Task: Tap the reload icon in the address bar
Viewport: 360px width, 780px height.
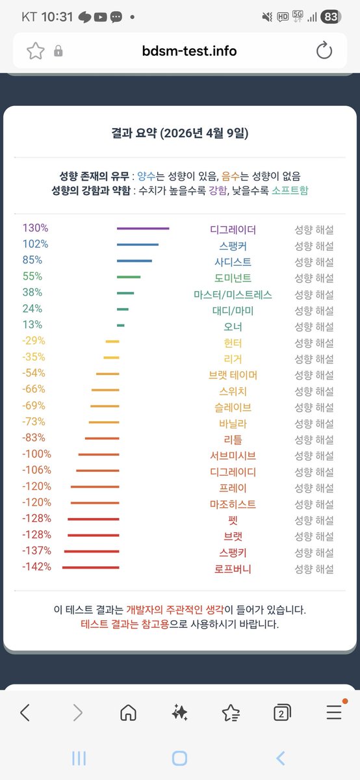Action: click(x=324, y=51)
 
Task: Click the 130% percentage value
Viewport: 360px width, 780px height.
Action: click(x=35, y=228)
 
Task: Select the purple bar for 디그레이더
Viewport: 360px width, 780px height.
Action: click(x=143, y=229)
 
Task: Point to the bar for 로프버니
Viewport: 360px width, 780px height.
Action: click(x=91, y=567)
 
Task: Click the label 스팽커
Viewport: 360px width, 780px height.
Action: click(x=233, y=246)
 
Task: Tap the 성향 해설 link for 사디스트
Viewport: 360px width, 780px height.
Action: click(x=314, y=262)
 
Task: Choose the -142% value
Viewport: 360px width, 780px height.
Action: click(x=36, y=567)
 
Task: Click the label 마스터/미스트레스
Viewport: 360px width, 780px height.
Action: click(x=233, y=294)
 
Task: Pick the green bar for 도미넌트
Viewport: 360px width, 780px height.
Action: click(x=129, y=277)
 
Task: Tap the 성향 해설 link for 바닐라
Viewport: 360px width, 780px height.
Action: click(x=314, y=424)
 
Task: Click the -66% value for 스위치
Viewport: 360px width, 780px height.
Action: click(x=34, y=389)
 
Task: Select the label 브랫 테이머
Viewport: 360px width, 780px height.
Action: click(x=233, y=375)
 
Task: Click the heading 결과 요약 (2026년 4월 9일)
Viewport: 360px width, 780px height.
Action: click(x=179, y=133)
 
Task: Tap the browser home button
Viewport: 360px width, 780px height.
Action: click(x=128, y=713)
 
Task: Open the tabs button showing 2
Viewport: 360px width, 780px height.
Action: click(x=282, y=713)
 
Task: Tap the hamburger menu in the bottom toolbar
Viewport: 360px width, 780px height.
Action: click(x=334, y=713)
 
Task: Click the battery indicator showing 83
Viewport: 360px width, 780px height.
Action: click(x=331, y=17)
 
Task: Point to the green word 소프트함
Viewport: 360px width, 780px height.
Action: click(x=290, y=191)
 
